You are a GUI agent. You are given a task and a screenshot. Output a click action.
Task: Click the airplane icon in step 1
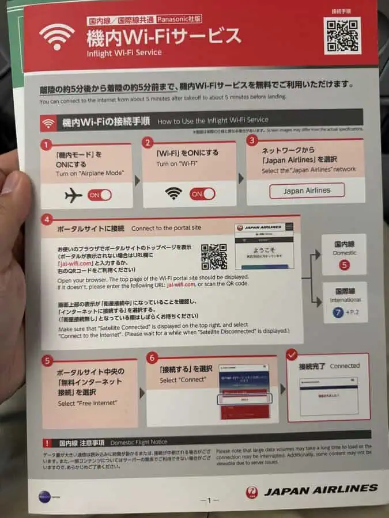(73, 195)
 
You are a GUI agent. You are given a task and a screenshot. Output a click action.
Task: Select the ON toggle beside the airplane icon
(99, 195)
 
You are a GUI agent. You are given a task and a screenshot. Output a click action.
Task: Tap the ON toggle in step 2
(202, 194)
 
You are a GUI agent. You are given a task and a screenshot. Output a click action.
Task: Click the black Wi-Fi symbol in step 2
(173, 194)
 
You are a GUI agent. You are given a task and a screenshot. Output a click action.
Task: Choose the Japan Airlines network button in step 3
(307, 191)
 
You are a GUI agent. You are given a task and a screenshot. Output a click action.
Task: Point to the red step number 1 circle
(46, 144)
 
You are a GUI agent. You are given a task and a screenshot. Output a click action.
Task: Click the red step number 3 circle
(251, 140)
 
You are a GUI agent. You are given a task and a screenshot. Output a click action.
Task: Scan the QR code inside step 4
(213, 257)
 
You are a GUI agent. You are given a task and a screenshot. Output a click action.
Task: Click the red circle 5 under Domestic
(345, 265)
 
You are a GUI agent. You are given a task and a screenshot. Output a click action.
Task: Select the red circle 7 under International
(338, 312)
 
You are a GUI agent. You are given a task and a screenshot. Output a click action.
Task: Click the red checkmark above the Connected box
(292, 353)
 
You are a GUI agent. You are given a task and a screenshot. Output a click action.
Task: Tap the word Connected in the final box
(345, 365)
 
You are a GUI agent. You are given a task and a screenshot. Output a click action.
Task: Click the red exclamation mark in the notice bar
(47, 443)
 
